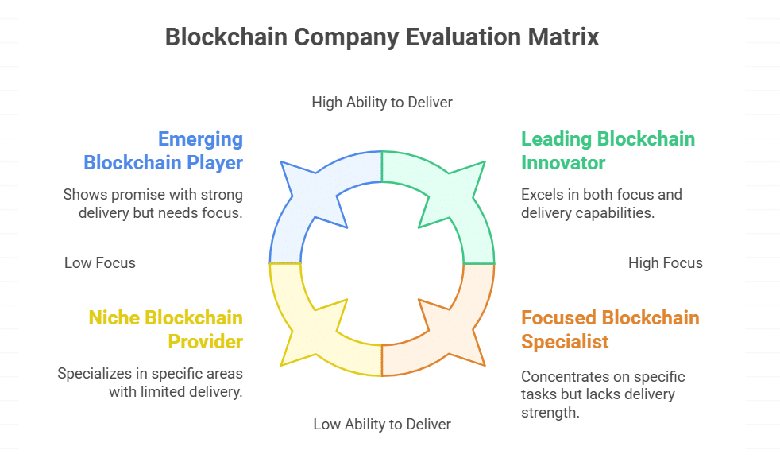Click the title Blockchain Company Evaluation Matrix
381,37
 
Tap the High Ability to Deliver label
382,102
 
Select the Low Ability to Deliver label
382,424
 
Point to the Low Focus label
100,262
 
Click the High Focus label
665,262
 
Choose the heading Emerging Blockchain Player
164,150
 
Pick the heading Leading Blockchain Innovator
608,150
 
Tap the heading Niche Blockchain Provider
165,329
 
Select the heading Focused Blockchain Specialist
610,329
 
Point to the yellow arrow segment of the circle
318,334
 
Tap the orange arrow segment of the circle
449,334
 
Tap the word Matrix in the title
566,37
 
